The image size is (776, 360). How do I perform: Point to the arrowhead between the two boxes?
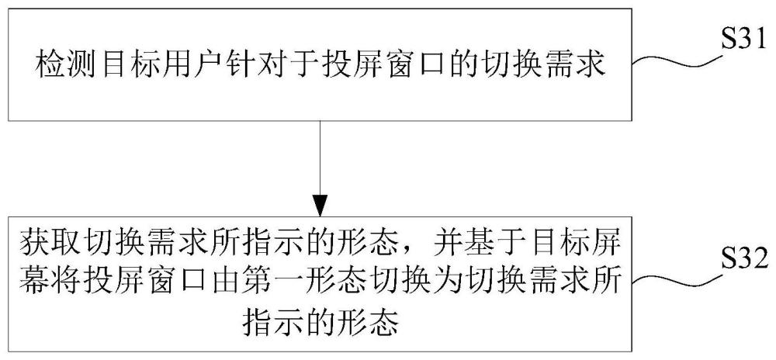[x=320, y=206]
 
